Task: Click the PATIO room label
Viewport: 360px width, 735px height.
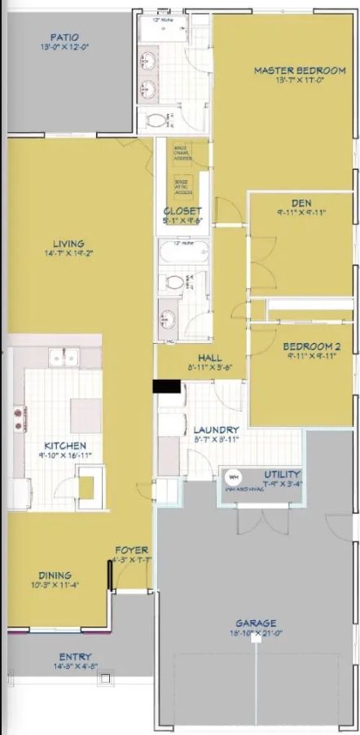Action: [x=64, y=37]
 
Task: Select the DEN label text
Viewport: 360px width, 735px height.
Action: [x=301, y=203]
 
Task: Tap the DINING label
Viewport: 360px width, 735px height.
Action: [x=55, y=574]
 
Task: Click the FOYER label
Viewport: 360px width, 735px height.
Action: [x=131, y=550]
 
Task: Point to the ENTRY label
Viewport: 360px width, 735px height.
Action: [x=75, y=657]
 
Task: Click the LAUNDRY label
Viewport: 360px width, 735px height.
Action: [x=216, y=429]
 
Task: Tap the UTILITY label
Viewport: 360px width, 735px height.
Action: [x=282, y=474]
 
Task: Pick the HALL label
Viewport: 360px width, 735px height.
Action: [x=210, y=358]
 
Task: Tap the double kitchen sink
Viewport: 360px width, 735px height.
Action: [x=62, y=356]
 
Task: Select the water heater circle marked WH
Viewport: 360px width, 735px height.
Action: [x=231, y=477]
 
